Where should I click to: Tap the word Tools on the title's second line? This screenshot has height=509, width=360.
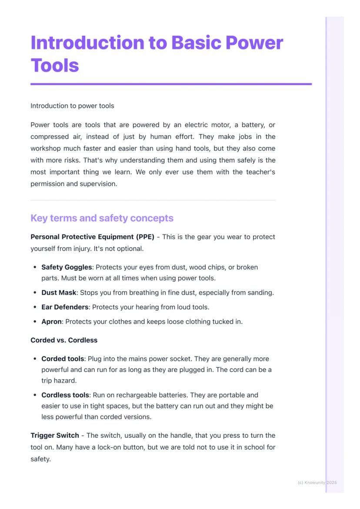(x=55, y=65)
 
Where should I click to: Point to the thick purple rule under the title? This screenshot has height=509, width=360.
(x=171, y=84)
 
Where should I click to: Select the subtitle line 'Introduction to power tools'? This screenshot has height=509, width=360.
(x=72, y=106)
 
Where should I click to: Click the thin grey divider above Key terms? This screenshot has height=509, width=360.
(x=153, y=200)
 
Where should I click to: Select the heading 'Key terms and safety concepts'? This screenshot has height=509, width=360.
(x=102, y=218)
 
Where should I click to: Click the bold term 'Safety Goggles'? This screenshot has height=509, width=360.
(x=67, y=267)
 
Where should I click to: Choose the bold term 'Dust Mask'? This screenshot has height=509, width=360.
(x=59, y=293)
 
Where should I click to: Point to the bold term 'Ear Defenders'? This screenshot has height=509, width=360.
(x=65, y=307)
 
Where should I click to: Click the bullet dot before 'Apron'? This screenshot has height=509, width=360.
(x=35, y=322)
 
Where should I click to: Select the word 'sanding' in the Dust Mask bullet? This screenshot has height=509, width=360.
(x=260, y=293)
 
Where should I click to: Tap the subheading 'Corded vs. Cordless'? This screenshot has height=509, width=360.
(x=64, y=340)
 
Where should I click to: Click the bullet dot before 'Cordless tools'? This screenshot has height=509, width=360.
(x=35, y=395)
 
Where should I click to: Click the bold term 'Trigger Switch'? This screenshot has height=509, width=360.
(x=55, y=435)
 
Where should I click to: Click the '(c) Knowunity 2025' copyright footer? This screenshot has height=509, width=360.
(x=317, y=482)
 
